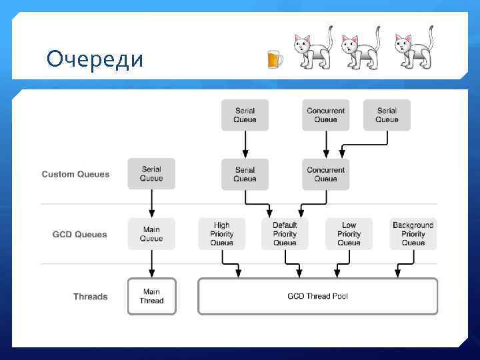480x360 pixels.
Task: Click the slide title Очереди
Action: click(x=95, y=59)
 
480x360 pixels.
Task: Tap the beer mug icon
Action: click(x=274, y=59)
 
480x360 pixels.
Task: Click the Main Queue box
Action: click(x=151, y=234)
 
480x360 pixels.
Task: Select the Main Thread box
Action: click(x=151, y=296)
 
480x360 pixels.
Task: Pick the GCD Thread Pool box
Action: click(x=317, y=296)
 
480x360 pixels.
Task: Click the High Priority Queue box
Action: click(x=221, y=234)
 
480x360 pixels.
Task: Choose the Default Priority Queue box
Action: click(x=285, y=234)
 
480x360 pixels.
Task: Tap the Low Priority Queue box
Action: click(x=349, y=234)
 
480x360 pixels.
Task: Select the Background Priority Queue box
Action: click(x=413, y=234)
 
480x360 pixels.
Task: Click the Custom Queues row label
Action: click(x=75, y=175)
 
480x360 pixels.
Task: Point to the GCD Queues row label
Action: click(x=79, y=235)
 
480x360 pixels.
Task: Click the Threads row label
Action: click(x=90, y=297)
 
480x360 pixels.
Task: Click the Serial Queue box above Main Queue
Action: click(x=151, y=174)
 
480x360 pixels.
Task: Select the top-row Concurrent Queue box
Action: click(x=325, y=115)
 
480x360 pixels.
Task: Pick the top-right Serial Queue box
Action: click(x=387, y=115)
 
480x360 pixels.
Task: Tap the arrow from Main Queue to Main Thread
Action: click(x=151, y=264)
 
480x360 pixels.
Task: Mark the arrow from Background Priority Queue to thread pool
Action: click(x=400, y=265)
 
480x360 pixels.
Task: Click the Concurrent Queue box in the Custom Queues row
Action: click(x=325, y=174)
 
